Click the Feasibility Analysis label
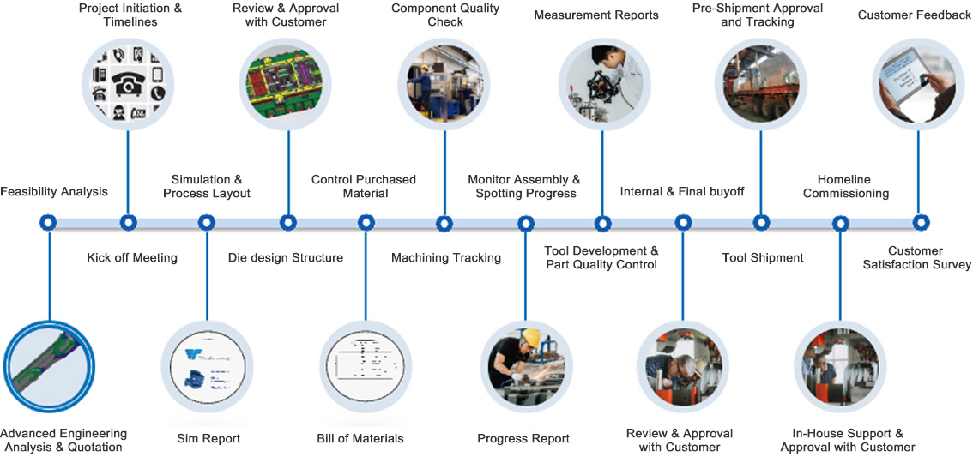point(54,191)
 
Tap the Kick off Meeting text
point(132,257)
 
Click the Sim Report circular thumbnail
point(207,366)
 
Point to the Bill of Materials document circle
point(364,366)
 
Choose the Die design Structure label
point(286,257)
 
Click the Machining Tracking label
point(446,257)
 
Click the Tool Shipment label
point(763,257)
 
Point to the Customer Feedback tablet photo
point(917,83)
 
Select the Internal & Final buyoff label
point(682,191)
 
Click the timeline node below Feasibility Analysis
point(48,223)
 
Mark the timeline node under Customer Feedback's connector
point(920,223)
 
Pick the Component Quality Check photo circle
point(444,83)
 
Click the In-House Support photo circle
point(840,366)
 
